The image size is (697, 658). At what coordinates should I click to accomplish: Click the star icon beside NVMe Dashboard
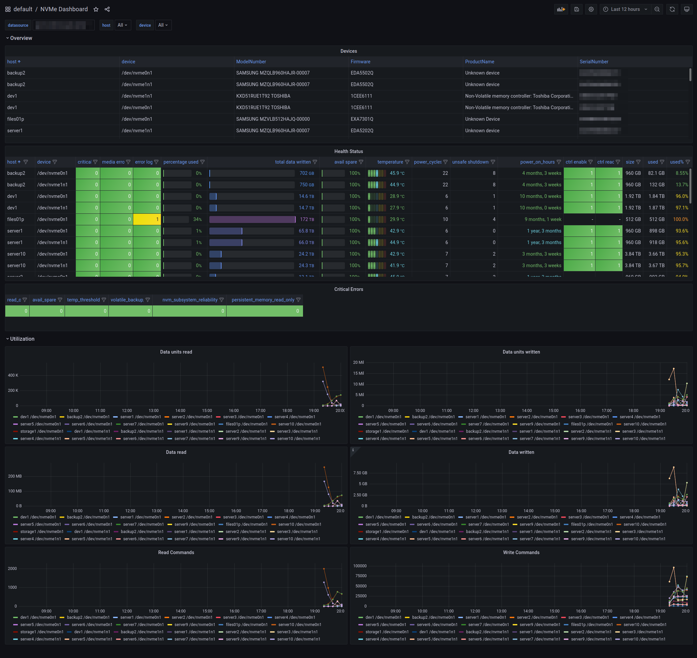[96, 10]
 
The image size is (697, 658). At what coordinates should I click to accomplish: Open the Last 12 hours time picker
[625, 10]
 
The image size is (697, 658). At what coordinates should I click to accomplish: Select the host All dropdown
[122, 25]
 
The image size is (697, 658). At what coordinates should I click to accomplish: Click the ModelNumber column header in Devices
[251, 62]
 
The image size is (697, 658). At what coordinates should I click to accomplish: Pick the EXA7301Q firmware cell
[362, 119]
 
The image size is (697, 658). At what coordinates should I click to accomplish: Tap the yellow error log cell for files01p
[147, 220]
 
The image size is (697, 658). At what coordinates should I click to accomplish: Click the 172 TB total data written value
[307, 220]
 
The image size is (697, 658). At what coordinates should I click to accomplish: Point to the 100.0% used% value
[680, 220]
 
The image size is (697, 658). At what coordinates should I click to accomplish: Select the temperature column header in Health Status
[390, 162]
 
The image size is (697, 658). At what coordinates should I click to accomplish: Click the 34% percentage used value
[197, 220]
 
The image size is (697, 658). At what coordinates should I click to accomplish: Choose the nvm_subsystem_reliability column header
[190, 300]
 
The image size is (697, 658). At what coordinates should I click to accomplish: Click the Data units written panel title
[521, 352]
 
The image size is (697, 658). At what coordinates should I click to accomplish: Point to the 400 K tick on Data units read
[13, 375]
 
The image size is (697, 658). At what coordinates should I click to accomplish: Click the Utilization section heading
[22, 339]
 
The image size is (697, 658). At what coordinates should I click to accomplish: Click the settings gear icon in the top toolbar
[591, 10]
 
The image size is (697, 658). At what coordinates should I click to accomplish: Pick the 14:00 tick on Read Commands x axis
[181, 611]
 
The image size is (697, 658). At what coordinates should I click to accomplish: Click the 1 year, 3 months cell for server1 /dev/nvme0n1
[544, 231]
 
